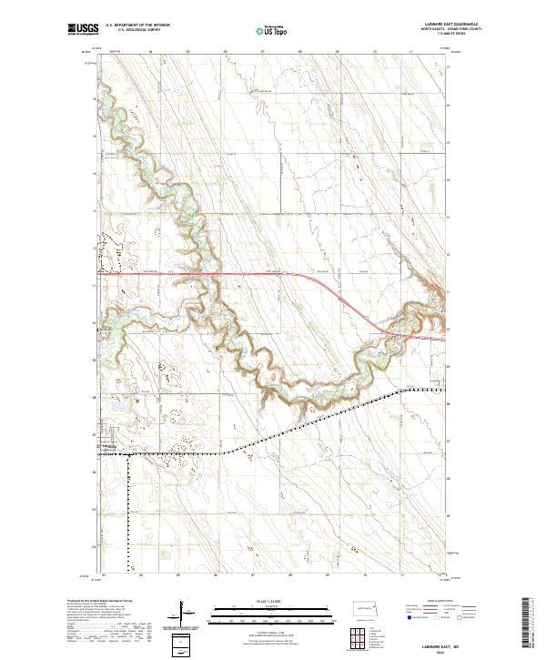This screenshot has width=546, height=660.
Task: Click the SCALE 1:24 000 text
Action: pos(261,600)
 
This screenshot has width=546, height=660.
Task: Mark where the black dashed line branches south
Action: pos(128,453)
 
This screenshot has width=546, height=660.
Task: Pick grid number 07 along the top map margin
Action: pos(262,53)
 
